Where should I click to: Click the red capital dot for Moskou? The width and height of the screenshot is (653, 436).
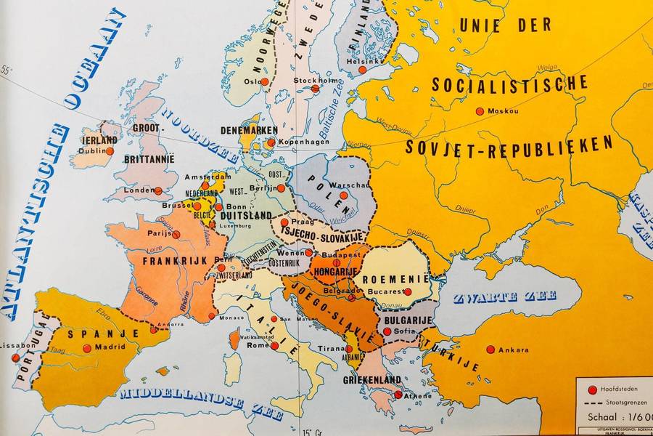pyautogui.click(x=480, y=111)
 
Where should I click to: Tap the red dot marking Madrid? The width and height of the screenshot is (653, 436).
pyautogui.click(x=87, y=348)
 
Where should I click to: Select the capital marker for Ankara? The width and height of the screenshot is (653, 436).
pyautogui.click(x=490, y=350)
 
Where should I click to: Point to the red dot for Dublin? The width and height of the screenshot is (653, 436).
pyautogui.click(x=110, y=151)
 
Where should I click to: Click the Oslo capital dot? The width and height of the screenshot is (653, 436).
pyautogui.click(x=265, y=81)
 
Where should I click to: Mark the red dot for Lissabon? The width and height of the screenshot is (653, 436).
pyautogui.click(x=15, y=358)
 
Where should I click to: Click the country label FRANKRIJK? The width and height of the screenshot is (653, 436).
pyautogui.click(x=175, y=260)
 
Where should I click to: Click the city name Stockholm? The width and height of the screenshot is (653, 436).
pyautogui.click(x=312, y=80)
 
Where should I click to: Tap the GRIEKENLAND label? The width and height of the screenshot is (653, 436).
pyautogui.click(x=372, y=379)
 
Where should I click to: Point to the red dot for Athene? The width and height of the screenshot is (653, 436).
pyautogui.click(x=398, y=395)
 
